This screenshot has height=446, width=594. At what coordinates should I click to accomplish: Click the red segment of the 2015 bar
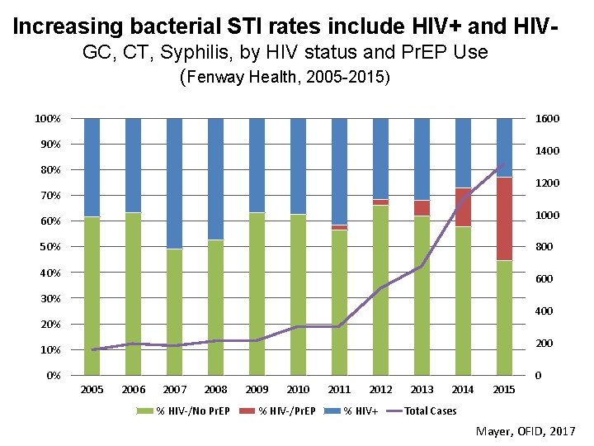504,219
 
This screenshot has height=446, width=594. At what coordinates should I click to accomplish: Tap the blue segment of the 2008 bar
215,178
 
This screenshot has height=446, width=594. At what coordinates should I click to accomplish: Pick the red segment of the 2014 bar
463,207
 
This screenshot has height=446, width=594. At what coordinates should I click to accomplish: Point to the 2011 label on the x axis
339,389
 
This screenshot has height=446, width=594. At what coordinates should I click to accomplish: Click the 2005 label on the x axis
92,389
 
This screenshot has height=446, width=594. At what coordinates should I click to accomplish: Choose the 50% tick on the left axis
47,247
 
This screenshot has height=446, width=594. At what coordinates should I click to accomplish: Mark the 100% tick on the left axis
46,119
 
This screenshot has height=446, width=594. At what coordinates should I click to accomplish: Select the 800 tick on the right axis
544,247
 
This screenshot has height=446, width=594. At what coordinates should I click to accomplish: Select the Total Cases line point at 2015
504,164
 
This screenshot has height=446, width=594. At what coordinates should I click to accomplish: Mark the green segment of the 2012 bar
380,290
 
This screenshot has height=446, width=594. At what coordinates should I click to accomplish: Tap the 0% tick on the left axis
50,376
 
